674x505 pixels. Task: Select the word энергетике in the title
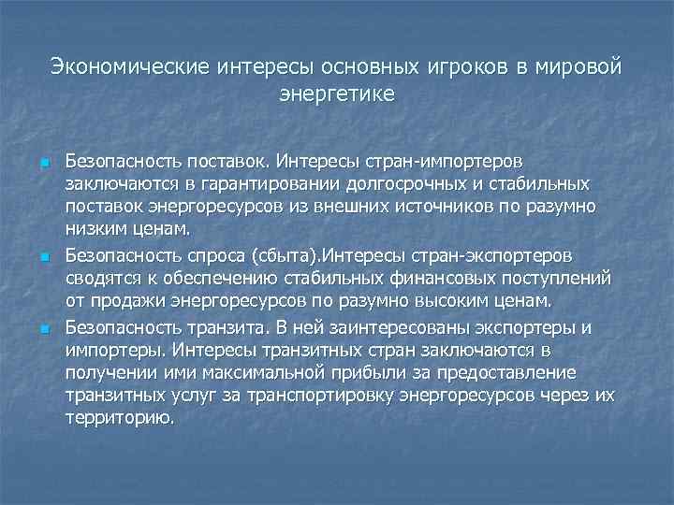click(337, 94)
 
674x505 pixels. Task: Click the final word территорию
click(120, 418)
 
